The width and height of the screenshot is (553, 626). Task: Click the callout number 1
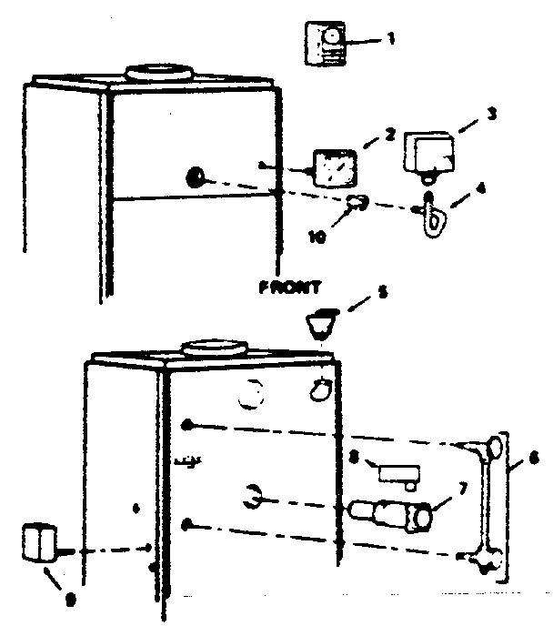[392, 41]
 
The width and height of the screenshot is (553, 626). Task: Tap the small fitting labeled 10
[358, 203]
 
